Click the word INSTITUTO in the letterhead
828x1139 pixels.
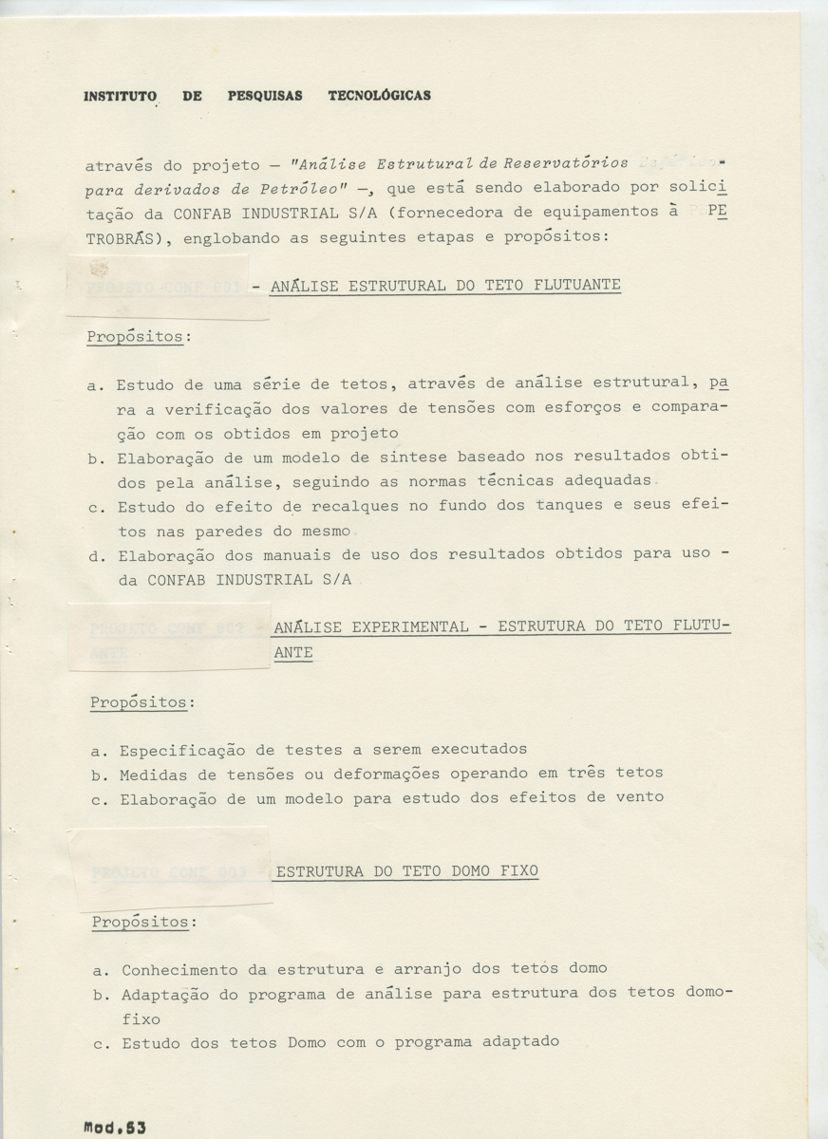[x=120, y=96]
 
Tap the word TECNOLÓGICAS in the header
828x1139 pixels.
[x=379, y=96]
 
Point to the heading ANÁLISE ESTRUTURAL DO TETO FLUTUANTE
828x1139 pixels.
[x=445, y=285]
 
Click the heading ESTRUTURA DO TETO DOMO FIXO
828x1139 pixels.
[x=405, y=869]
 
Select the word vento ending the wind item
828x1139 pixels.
[x=637, y=797]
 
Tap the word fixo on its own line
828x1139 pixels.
[x=141, y=1018]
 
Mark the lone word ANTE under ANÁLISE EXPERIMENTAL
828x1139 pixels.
[x=292, y=653]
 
